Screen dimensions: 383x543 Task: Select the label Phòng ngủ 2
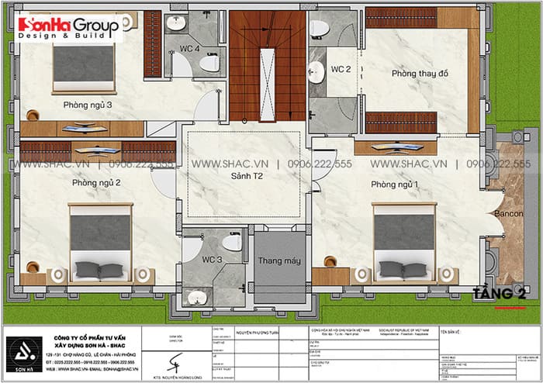click(95, 183)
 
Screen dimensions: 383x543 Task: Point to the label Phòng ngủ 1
click(394, 184)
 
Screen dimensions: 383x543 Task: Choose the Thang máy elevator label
click(279, 261)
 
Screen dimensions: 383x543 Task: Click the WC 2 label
click(341, 70)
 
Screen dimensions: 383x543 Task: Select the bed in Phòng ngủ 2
click(100, 241)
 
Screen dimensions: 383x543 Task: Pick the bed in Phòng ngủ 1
click(404, 241)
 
